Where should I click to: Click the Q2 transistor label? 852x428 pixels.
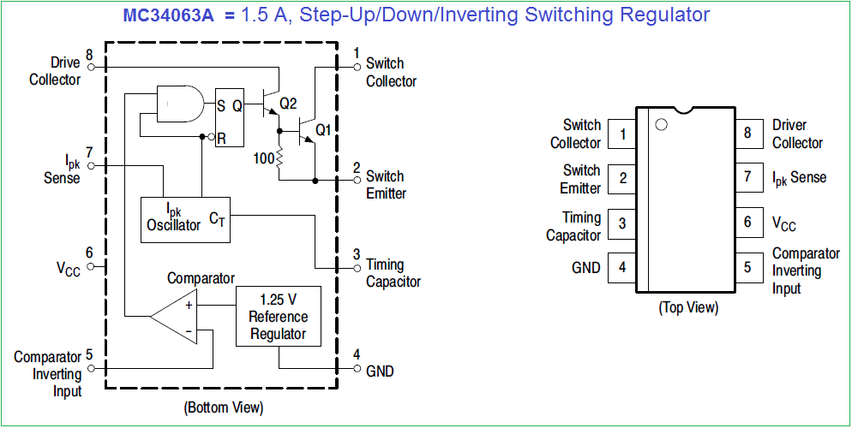(x=289, y=104)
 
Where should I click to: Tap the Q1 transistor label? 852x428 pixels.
(x=323, y=130)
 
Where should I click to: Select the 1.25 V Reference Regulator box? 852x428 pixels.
(x=279, y=316)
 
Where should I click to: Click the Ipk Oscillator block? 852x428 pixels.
(x=185, y=219)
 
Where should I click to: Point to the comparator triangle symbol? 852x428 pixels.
(x=174, y=316)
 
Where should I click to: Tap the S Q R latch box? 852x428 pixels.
(x=230, y=118)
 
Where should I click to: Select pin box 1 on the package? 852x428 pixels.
(x=622, y=134)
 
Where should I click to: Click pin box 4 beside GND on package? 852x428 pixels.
(x=622, y=267)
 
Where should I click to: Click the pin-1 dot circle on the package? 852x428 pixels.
(x=661, y=125)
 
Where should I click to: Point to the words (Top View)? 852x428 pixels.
(x=688, y=307)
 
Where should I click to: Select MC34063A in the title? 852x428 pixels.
(x=170, y=15)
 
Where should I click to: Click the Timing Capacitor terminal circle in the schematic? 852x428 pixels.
(x=357, y=268)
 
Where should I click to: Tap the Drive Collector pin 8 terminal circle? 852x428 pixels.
(x=91, y=68)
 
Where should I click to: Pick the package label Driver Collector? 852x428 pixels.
(x=797, y=134)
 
